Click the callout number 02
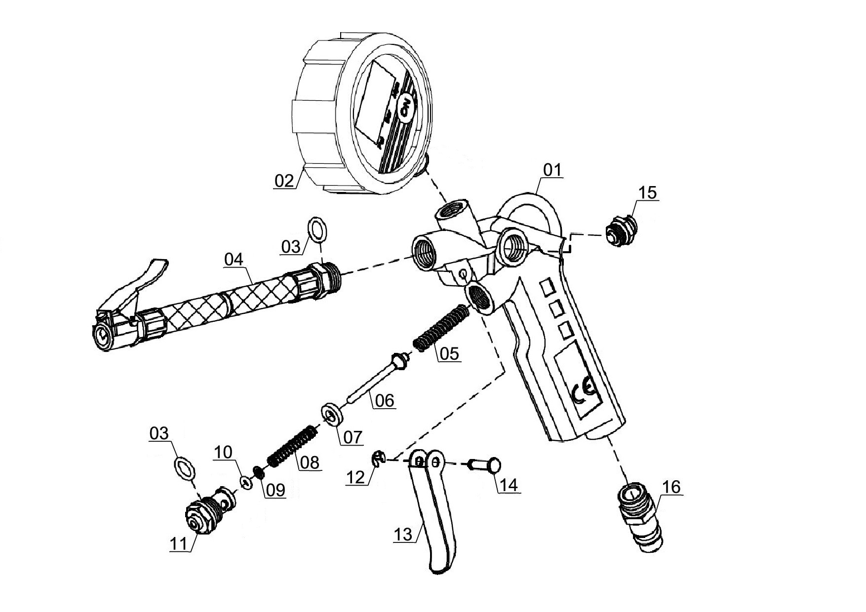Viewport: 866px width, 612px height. pyautogui.click(x=284, y=180)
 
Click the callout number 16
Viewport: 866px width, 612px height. pyautogui.click(x=671, y=487)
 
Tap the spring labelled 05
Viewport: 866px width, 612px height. pyautogui.click(x=440, y=328)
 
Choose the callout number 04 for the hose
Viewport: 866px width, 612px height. pyautogui.click(x=234, y=259)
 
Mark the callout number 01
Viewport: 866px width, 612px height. pyautogui.click(x=552, y=170)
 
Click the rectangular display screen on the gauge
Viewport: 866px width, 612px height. pyautogui.click(x=376, y=104)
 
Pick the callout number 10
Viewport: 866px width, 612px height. pyautogui.click(x=223, y=452)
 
